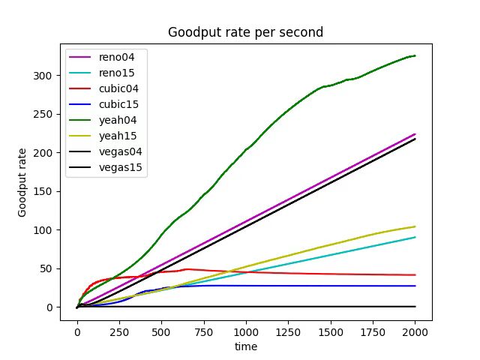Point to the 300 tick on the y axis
(46, 76)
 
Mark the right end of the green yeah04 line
(415, 55)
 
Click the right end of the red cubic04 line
(415, 275)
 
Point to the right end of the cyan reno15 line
(415, 237)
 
